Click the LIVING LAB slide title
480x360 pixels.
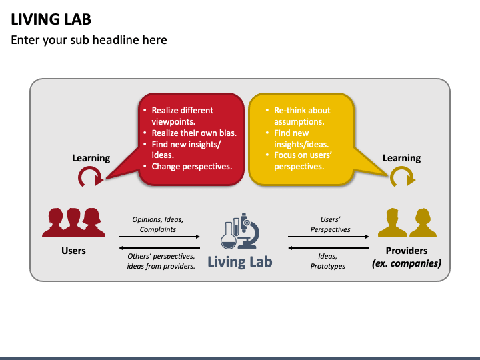click(51, 19)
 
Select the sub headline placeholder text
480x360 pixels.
click(89, 40)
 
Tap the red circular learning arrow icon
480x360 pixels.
click(90, 177)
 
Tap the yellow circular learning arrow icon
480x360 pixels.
click(401, 177)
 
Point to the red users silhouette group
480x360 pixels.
click(73, 223)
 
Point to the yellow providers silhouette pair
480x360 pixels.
click(407, 223)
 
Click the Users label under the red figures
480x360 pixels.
click(73, 251)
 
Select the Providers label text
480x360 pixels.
click(407, 251)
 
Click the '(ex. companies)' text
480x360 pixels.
click(407, 263)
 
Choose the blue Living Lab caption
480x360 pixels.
click(239, 261)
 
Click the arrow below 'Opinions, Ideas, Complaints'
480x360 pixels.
click(159, 237)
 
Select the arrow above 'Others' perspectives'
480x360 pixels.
click(159, 247)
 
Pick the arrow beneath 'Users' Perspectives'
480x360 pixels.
click(329, 237)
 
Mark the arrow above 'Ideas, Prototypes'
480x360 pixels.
click(329, 247)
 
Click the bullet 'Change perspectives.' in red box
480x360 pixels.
click(192, 167)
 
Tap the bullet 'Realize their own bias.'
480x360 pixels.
click(194, 133)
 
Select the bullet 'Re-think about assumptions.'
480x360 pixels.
click(302, 116)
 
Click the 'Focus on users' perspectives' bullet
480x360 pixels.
click(303, 161)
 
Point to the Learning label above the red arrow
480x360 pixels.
click(91, 158)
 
